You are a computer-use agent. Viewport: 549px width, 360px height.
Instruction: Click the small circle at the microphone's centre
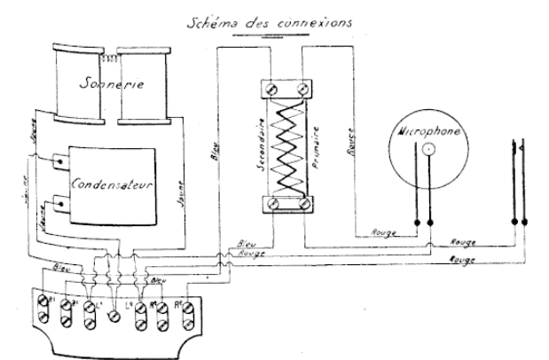point(428,150)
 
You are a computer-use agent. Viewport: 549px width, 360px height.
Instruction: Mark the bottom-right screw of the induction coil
point(304,206)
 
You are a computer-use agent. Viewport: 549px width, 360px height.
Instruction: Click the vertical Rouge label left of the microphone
point(351,141)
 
